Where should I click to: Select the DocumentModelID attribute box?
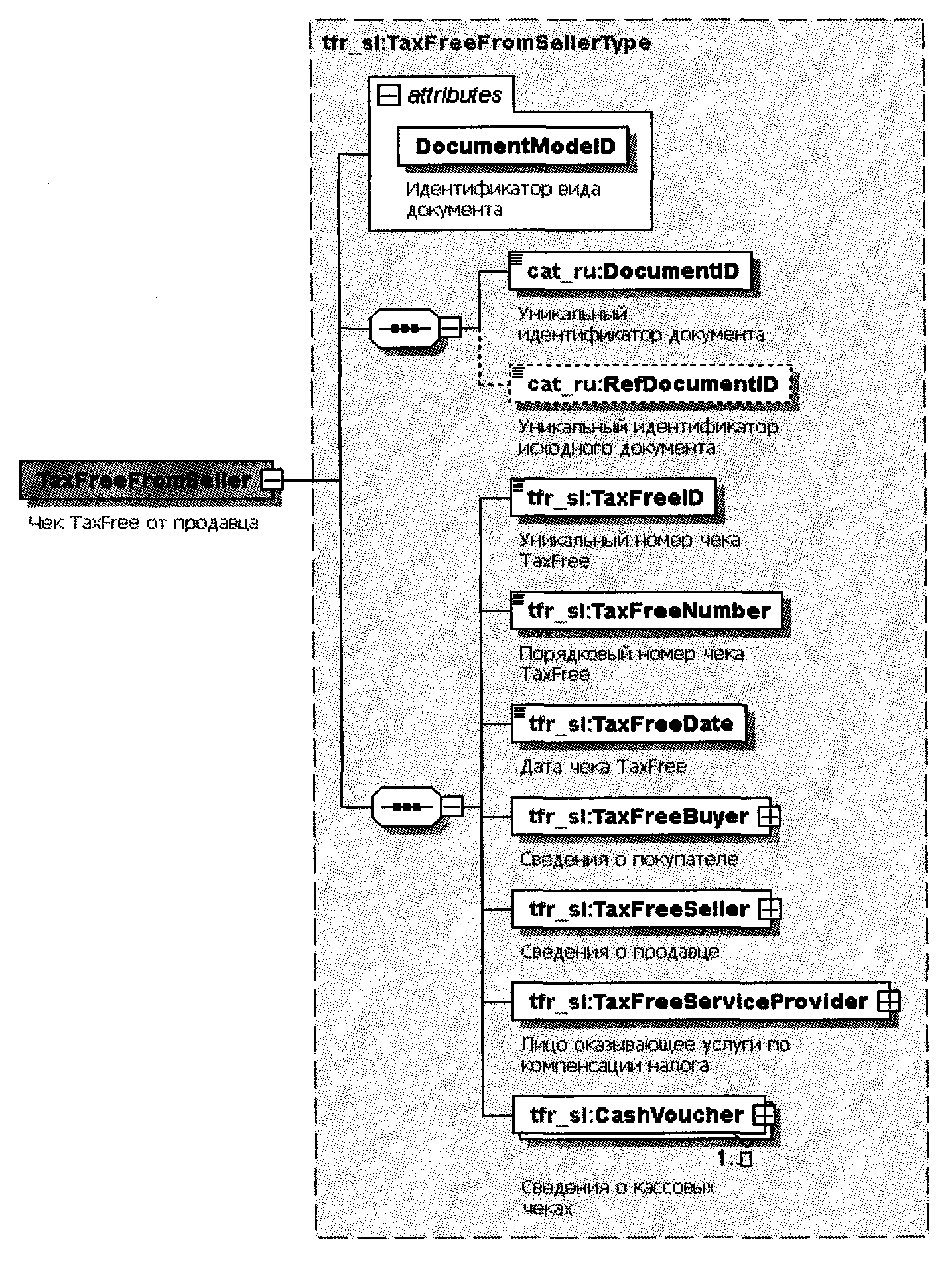[x=514, y=146]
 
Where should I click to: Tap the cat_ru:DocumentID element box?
[x=631, y=271]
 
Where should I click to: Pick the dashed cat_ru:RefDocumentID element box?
[x=651, y=384]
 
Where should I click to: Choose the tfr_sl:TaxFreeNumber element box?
[x=647, y=610]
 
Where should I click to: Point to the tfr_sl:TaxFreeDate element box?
[x=629, y=723]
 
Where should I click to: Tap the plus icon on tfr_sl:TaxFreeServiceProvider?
[x=888, y=1002]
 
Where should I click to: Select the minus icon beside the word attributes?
[x=389, y=96]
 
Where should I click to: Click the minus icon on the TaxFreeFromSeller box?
[x=271, y=480]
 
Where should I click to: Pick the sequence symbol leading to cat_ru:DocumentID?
[x=404, y=328]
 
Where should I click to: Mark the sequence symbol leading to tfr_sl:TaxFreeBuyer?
[x=405, y=807]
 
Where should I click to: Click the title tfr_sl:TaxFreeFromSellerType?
[x=486, y=44]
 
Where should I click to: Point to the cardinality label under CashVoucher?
[x=734, y=1159]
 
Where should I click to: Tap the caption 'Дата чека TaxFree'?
[x=603, y=767]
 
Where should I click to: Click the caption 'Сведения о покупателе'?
[x=628, y=859]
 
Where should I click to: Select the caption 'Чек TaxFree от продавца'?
[x=143, y=523]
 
